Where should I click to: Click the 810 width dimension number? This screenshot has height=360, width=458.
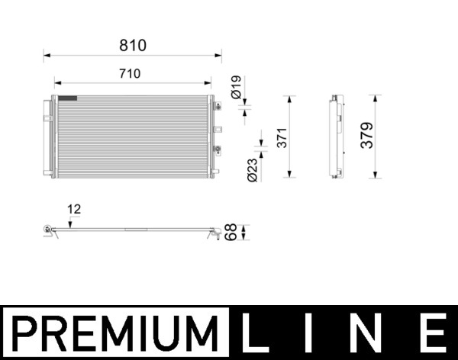click(x=132, y=45)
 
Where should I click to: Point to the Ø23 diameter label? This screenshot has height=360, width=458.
click(x=253, y=168)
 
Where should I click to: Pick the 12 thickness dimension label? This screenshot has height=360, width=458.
click(x=74, y=208)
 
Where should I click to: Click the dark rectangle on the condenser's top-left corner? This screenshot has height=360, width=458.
click(x=68, y=98)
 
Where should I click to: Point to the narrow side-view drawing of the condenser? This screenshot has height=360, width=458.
click(x=334, y=136)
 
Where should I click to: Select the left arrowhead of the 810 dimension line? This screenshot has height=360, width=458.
click(x=46, y=54)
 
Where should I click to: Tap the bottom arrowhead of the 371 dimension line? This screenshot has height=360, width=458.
click(x=289, y=175)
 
